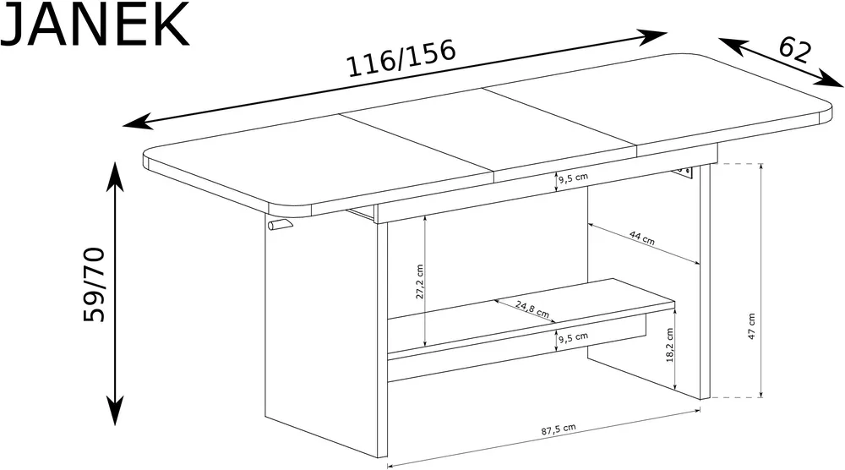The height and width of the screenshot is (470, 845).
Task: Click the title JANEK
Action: [95, 25]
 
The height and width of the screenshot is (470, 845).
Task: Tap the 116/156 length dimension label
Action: [401, 58]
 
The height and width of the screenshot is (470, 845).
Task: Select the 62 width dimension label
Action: [794, 50]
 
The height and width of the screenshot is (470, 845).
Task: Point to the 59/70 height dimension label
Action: [94, 284]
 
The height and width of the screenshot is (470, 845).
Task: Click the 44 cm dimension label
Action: [642, 238]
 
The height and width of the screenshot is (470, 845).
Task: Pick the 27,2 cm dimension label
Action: [420, 281]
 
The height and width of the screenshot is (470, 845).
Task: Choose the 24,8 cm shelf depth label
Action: [532, 309]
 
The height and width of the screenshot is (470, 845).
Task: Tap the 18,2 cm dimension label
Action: [670, 345]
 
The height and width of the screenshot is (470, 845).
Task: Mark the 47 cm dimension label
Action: [752, 326]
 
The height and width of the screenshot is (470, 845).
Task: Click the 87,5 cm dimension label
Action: [559, 429]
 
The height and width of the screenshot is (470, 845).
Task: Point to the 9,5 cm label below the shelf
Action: [573, 338]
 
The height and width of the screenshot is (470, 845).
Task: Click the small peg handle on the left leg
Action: [280, 224]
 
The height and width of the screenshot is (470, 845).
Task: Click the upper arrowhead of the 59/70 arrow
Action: [115, 173]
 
